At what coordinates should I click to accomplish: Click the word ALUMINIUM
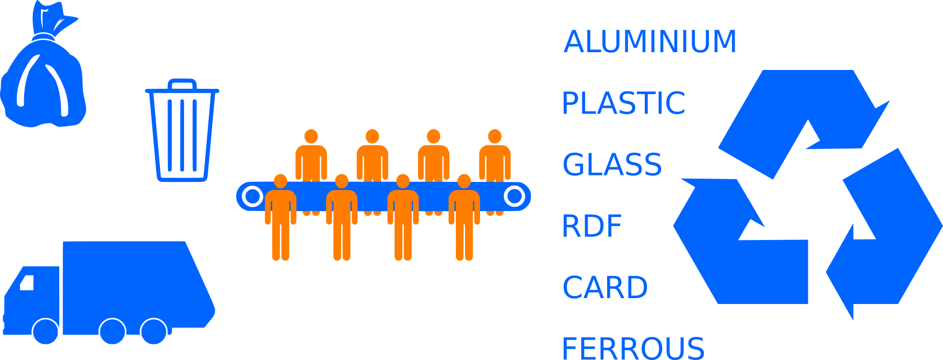coord(650,42)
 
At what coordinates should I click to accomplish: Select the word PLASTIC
coord(623,103)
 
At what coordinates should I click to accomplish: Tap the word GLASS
coord(612,165)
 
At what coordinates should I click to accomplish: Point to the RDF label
coord(592,226)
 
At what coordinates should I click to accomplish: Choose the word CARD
coord(605,287)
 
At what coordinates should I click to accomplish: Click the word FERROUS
coord(633,348)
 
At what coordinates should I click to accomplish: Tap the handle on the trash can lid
coord(182,83)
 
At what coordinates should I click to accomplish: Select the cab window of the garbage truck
coord(27,282)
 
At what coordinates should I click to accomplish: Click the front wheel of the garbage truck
coord(46,331)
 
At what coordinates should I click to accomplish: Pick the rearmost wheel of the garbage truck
coord(153,331)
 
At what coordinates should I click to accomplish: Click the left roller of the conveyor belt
coord(252,196)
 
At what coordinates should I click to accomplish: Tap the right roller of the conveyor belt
coord(515,196)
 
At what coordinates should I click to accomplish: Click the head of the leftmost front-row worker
coord(280,181)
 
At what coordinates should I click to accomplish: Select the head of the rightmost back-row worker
coord(495,136)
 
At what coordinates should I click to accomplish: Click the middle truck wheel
coord(112,331)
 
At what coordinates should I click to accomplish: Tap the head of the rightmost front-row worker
coord(464,181)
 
